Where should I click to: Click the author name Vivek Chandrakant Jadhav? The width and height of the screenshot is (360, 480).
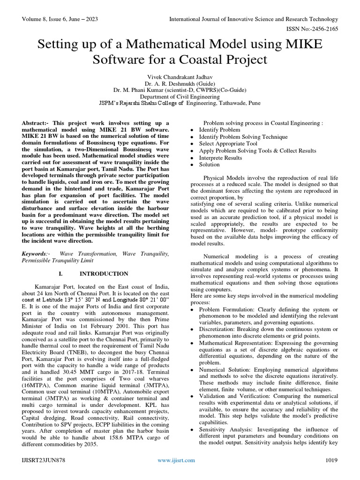click(180, 75)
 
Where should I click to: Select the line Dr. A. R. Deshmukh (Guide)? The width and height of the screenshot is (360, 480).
click(180, 82)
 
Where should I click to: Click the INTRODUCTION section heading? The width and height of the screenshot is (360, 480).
click(110, 273)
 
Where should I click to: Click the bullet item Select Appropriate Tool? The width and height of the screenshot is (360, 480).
click(228, 143)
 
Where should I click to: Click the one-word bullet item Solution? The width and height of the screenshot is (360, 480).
click(209, 165)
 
